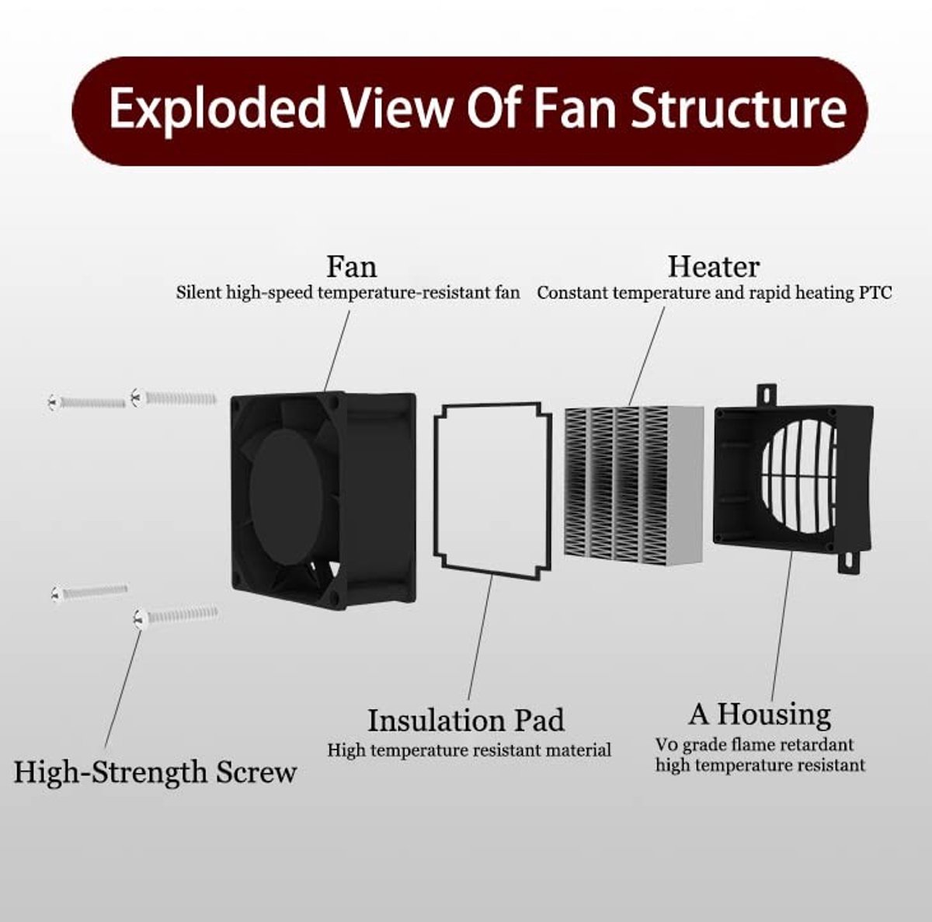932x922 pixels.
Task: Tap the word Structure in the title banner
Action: (739, 107)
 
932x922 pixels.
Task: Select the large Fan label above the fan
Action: (351, 266)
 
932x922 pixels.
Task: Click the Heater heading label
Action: (714, 266)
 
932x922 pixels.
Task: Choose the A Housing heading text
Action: (760, 714)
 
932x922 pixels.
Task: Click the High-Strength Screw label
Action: (155, 773)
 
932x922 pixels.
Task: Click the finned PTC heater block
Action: (634, 485)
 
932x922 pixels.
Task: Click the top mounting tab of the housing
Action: (767, 395)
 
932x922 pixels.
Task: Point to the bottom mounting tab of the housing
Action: (850, 562)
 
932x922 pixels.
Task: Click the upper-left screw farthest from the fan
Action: (87, 402)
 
